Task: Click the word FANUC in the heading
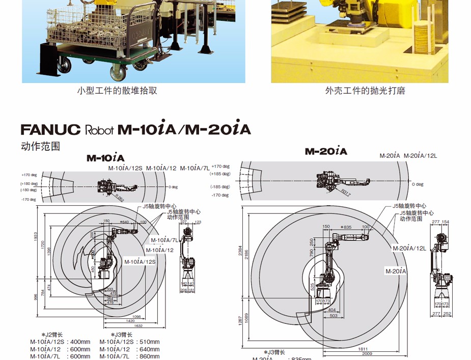(x=50, y=129)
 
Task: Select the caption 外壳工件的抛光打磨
(x=365, y=91)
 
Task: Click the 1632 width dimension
(x=138, y=326)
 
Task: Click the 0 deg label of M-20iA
(x=418, y=184)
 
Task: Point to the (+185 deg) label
(x=220, y=174)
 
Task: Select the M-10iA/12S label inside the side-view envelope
(x=140, y=261)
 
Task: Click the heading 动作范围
(x=40, y=146)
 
